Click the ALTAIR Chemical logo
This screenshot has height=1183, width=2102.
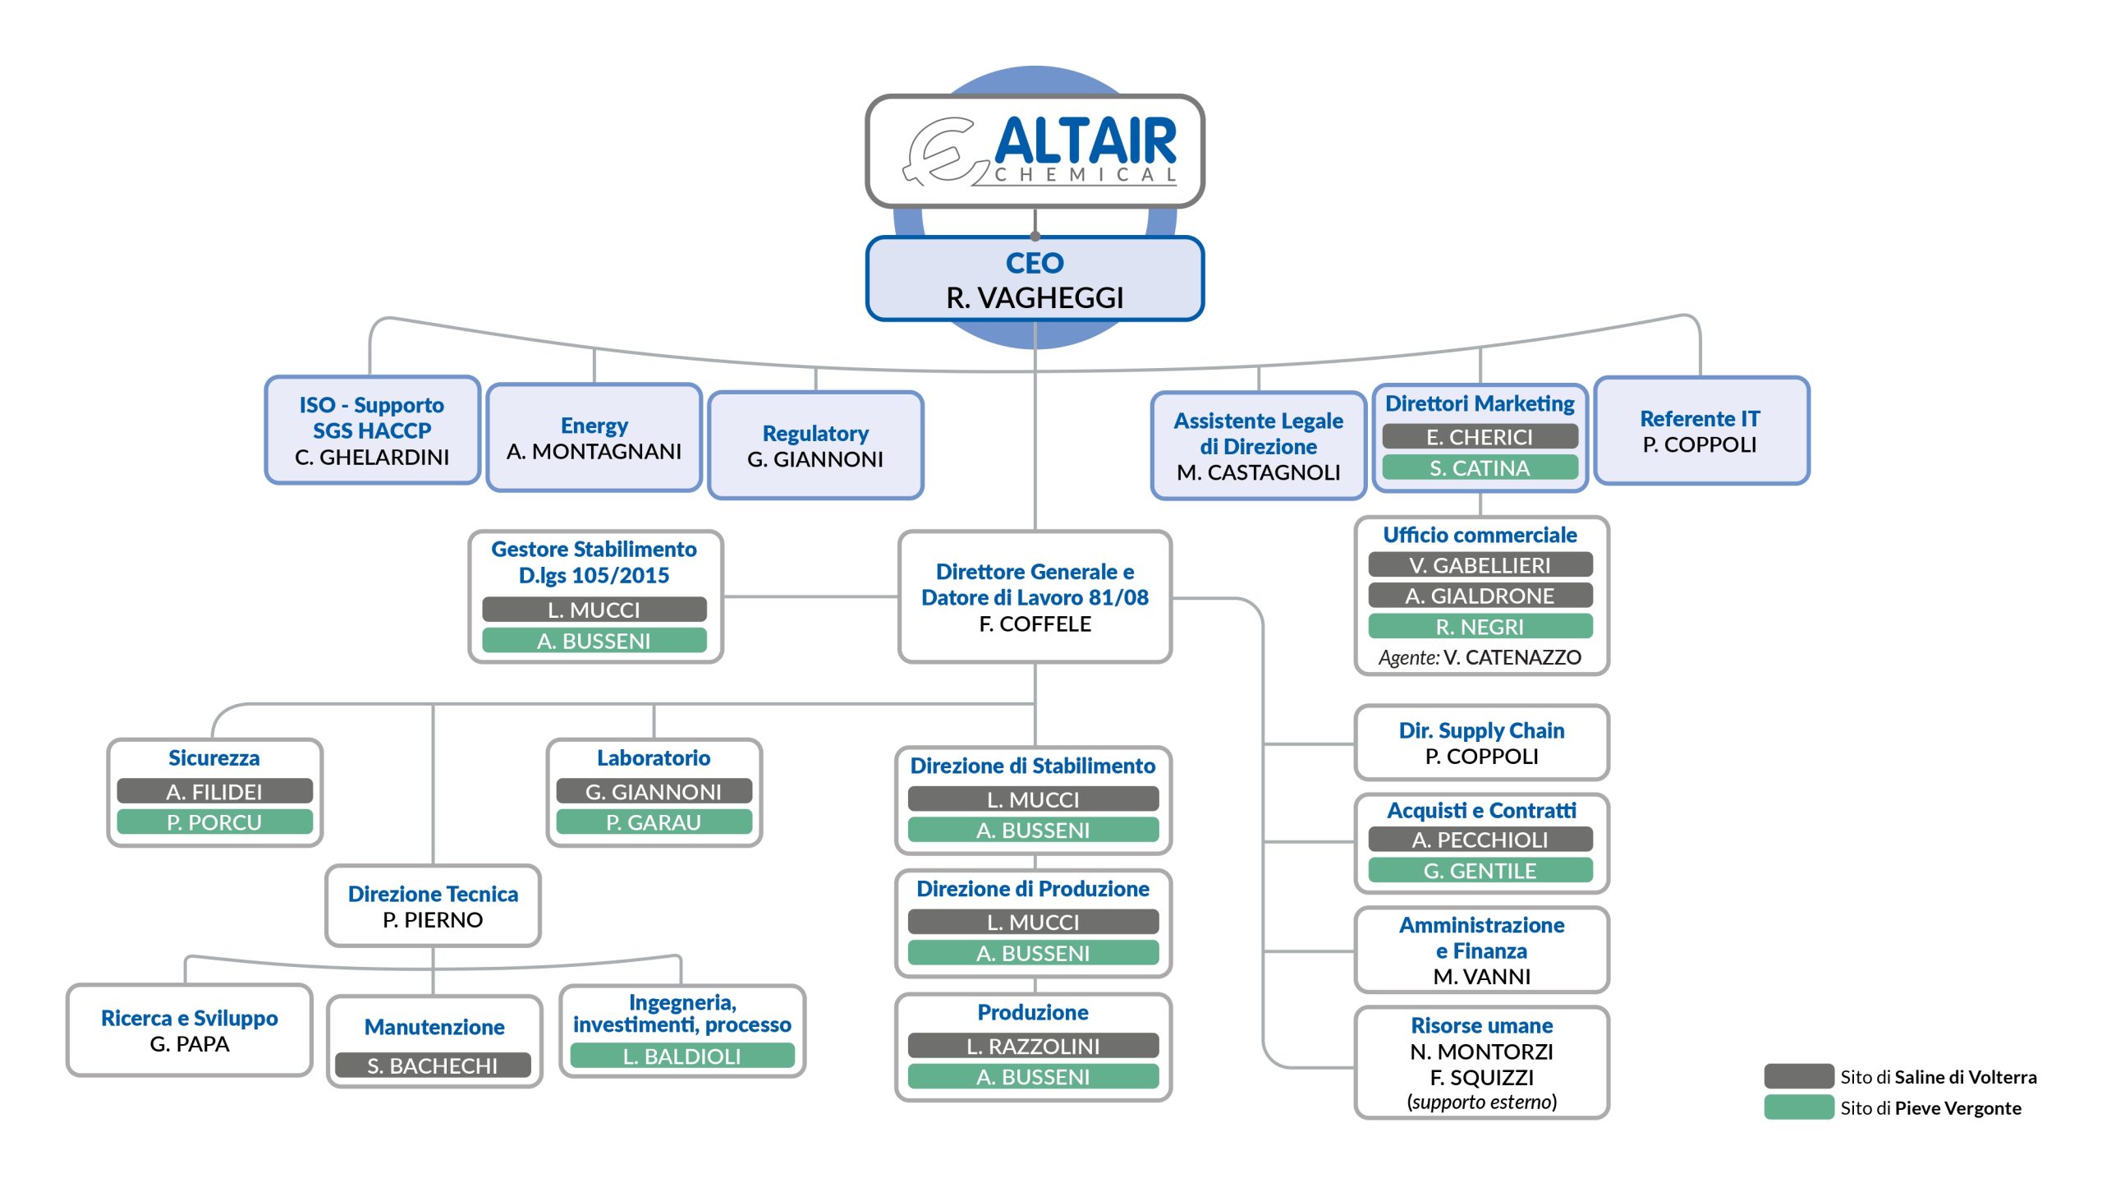[1036, 151]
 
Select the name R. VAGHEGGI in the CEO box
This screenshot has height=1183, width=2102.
[1035, 297]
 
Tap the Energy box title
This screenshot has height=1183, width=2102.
[594, 426]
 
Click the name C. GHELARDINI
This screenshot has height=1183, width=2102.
[372, 458]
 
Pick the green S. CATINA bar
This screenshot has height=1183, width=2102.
[1480, 468]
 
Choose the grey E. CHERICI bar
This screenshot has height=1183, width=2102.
[1480, 437]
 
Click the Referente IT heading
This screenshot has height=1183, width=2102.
[1700, 419]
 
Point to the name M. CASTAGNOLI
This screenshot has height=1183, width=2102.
[1258, 472]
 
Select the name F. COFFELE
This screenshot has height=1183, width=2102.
[1035, 624]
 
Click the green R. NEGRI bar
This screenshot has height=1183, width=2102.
[1480, 627]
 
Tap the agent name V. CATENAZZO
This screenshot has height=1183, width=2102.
[1512, 657]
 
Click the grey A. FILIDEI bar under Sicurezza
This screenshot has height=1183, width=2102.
[214, 792]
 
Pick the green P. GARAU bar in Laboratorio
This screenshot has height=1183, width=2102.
[654, 822]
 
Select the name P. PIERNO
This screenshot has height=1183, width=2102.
[433, 920]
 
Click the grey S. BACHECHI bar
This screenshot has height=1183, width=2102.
[433, 1066]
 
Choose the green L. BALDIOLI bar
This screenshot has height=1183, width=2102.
[682, 1056]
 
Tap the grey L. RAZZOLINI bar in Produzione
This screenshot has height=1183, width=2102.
[1033, 1047]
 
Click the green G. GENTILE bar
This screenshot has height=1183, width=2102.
[1480, 871]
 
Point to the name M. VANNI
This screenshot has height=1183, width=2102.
[1481, 977]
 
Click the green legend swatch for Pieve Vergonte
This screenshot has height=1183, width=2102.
[1798, 1107]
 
